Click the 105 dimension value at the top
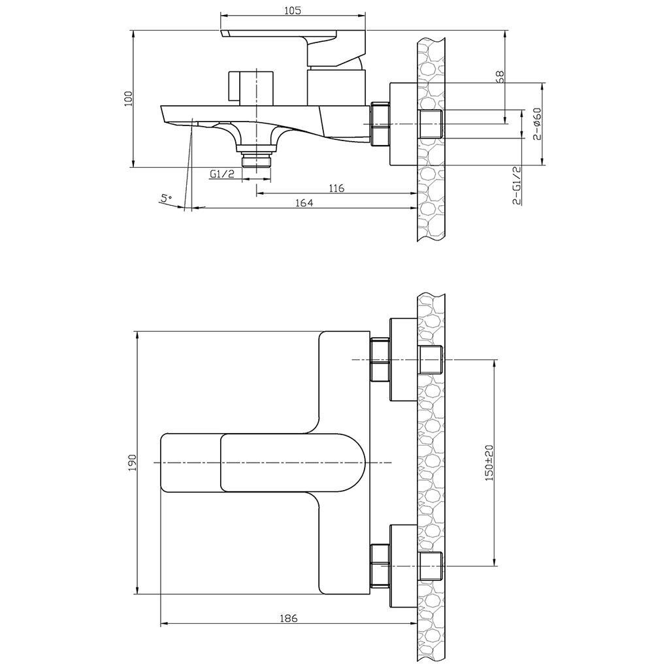click(292, 10)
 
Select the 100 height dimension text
click(129, 99)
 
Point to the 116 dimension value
click(336, 188)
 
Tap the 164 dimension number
click(304, 203)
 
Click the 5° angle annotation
click(165, 199)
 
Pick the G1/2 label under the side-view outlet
click(222, 174)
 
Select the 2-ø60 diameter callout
click(537, 123)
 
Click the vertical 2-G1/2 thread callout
click(518, 186)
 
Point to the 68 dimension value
click(500, 76)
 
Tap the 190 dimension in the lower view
click(132, 463)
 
